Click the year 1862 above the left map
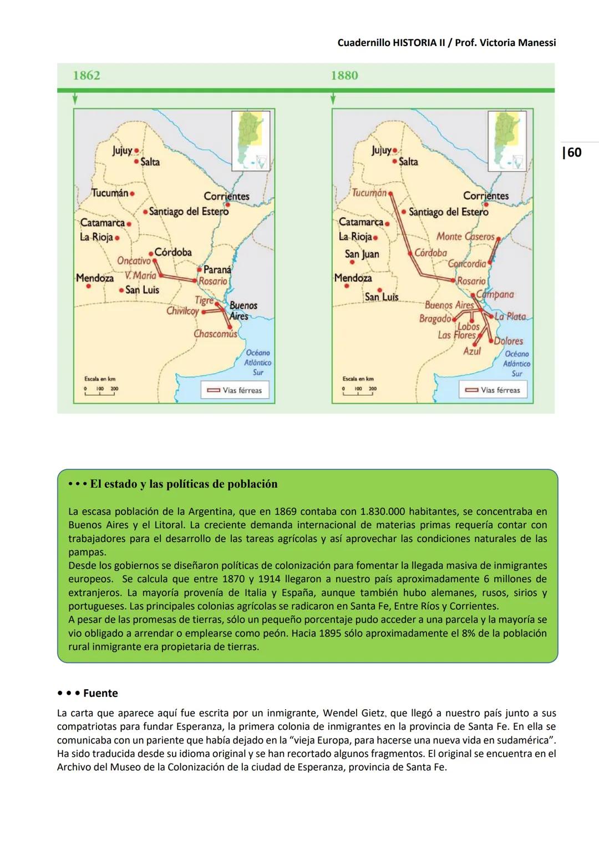click(x=87, y=76)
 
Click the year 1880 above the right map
click(x=344, y=76)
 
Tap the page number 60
click(x=572, y=152)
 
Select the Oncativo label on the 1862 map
click(x=134, y=260)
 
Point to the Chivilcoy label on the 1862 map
click(x=182, y=311)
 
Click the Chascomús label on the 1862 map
click(x=215, y=334)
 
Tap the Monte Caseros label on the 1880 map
click(x=465, y=237)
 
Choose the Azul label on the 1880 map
click(x=472, y=351)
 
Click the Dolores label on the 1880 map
click(x=509, y=341)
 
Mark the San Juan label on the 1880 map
click(x=362, y=254)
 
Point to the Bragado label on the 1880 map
click(x=435, y=319)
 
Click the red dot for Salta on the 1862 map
click(x=136, y=162)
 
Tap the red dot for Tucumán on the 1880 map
click(x=390, y=193)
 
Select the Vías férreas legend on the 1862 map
click(x=235, y=390)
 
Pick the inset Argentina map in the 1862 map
click(x=251, y=141)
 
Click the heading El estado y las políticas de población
click(x=184, y=484)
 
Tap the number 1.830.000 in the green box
click(x=389, y=511)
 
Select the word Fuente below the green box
click(x=100, y=693)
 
